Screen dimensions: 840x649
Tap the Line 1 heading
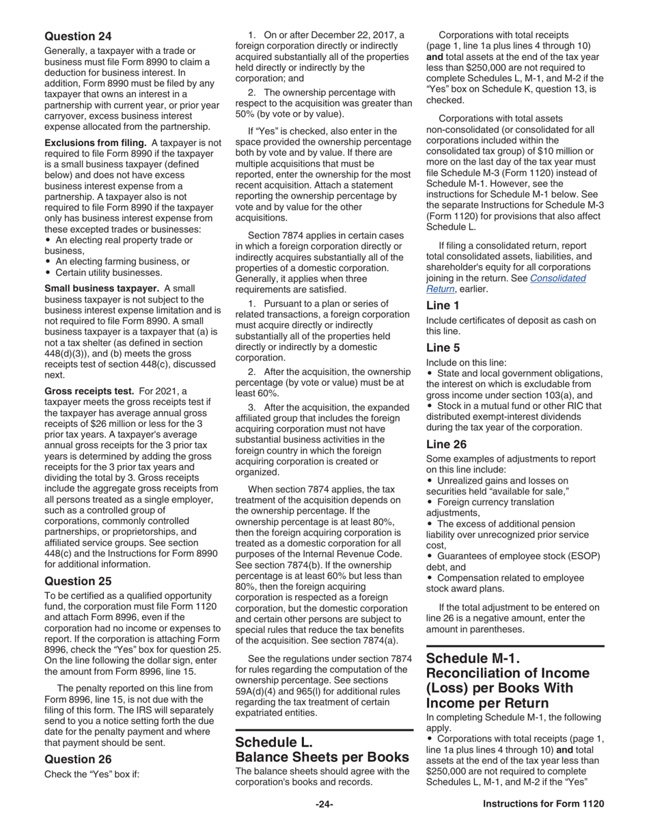point(443,305)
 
